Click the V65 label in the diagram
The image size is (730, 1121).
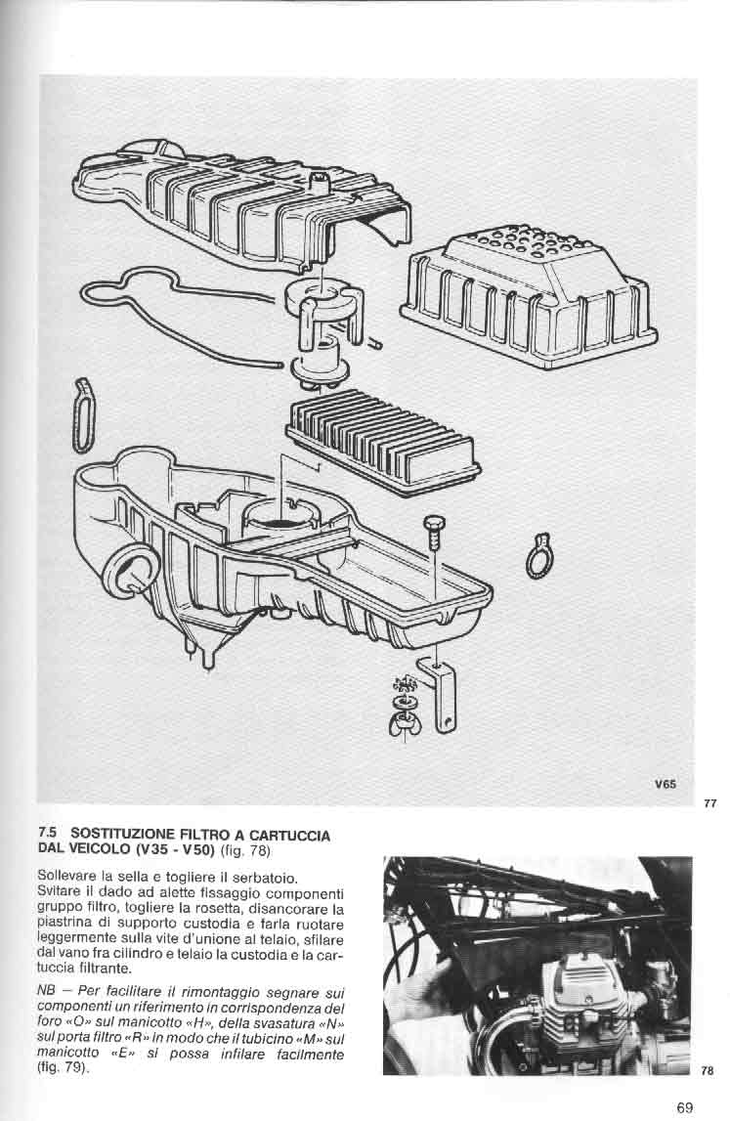[665, 784]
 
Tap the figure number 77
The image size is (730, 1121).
[709, 803]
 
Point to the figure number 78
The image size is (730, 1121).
[708, 1071]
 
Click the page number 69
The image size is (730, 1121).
[684, 1107]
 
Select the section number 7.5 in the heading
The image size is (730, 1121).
[47, 834]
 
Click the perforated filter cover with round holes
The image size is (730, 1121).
[529, 297]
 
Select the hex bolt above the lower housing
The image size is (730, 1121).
[435, 533]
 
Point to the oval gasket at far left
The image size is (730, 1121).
[83, 415]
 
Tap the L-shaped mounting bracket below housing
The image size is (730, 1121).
[441, 694]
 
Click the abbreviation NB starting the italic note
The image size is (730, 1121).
[45, 992]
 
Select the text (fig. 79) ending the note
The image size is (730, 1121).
[64, 1068]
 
